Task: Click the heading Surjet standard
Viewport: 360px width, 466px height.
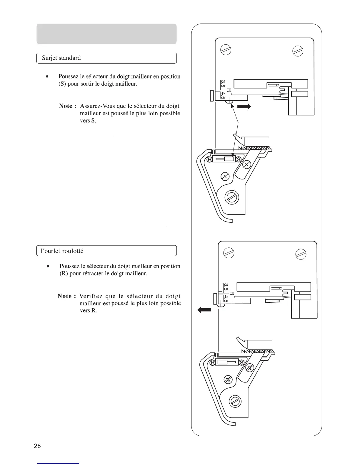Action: tap(61, 58)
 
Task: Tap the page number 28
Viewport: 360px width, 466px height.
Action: tap(37, 446)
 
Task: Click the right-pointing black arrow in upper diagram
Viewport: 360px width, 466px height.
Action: tap(244, 106)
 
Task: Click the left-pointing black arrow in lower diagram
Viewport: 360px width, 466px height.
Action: tap(204, 310)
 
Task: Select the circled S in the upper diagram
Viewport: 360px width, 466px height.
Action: tap(239, 159)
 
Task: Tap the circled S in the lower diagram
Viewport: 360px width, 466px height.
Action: tap(242, 362)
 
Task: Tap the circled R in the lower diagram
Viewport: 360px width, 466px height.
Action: tap(212, 362)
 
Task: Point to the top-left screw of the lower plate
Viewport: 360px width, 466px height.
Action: tap(229, 253)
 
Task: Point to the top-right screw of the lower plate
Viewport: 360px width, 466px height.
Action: tap(301, 253)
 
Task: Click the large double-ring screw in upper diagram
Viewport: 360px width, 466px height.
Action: tap(232, 197)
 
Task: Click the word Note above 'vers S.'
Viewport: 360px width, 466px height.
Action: tap(66, 106)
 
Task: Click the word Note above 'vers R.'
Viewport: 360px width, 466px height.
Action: tap(64, 296)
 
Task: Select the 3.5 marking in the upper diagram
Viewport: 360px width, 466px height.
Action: tap(223, 84)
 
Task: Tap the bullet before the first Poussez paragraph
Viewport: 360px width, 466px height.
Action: tap(46, 76)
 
